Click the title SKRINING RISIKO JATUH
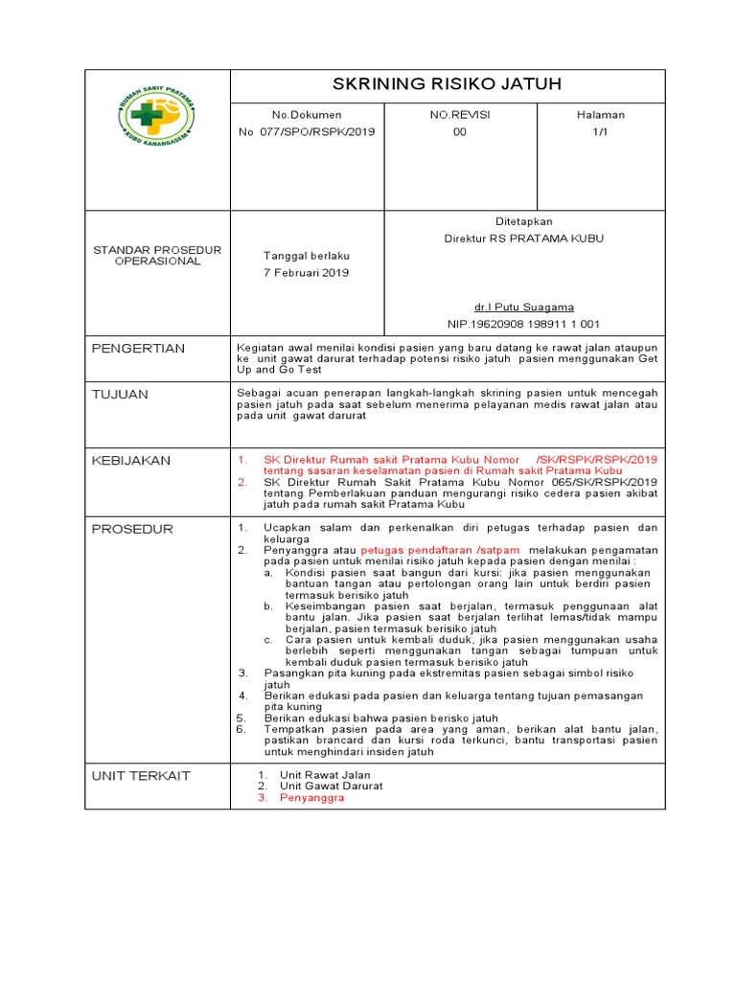[446, 83]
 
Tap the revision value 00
[460, 132]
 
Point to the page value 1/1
[600, 132]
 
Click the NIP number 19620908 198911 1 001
[523, 325]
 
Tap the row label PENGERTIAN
[138, 348]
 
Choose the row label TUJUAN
[120, 394]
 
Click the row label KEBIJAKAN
[130, 461]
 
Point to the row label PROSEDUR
[132, 529]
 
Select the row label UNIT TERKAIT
[141, 775]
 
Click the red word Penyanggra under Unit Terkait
[311, 797]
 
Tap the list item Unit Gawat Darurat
[331, 786]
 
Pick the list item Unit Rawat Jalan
[325, 774]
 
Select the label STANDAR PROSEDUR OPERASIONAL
[157, 256]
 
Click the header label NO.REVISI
[460, 115]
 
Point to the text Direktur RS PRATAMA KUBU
[523, 239]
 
